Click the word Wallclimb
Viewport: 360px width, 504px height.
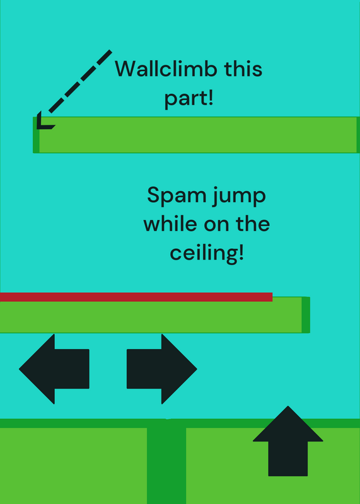(x=165, y=69)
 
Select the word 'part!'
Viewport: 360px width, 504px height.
(x=189, y=98)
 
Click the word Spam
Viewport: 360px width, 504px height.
(x=177, y=196)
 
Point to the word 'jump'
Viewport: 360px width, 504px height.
(x=239, y=197)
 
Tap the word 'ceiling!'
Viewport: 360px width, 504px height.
(x=207, y=253)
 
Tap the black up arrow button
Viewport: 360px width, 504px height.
(x=288, y=441)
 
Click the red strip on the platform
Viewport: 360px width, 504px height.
(x=136, y=297)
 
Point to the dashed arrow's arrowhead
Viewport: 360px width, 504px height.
(x=44, y=121)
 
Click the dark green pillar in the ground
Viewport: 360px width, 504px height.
(x=166, y=461)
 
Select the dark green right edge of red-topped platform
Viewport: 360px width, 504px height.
(x=306, y=314)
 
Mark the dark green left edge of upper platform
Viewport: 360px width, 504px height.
(x=36, y=135)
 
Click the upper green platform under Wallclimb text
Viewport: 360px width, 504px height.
(x=196, y=135)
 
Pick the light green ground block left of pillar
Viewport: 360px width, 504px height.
(x=73, y=466)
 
